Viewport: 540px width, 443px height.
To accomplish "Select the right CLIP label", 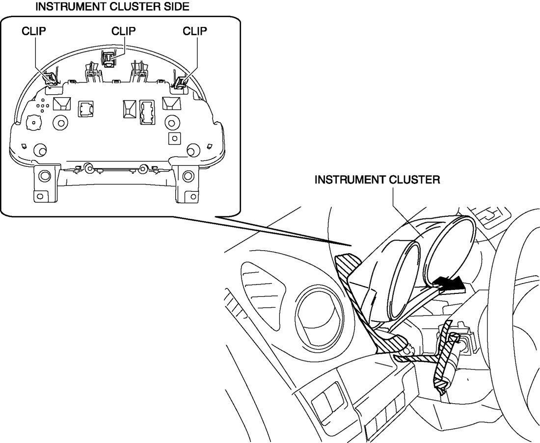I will tap(195, 31).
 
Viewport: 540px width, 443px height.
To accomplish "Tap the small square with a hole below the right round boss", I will tap(173, 138).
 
